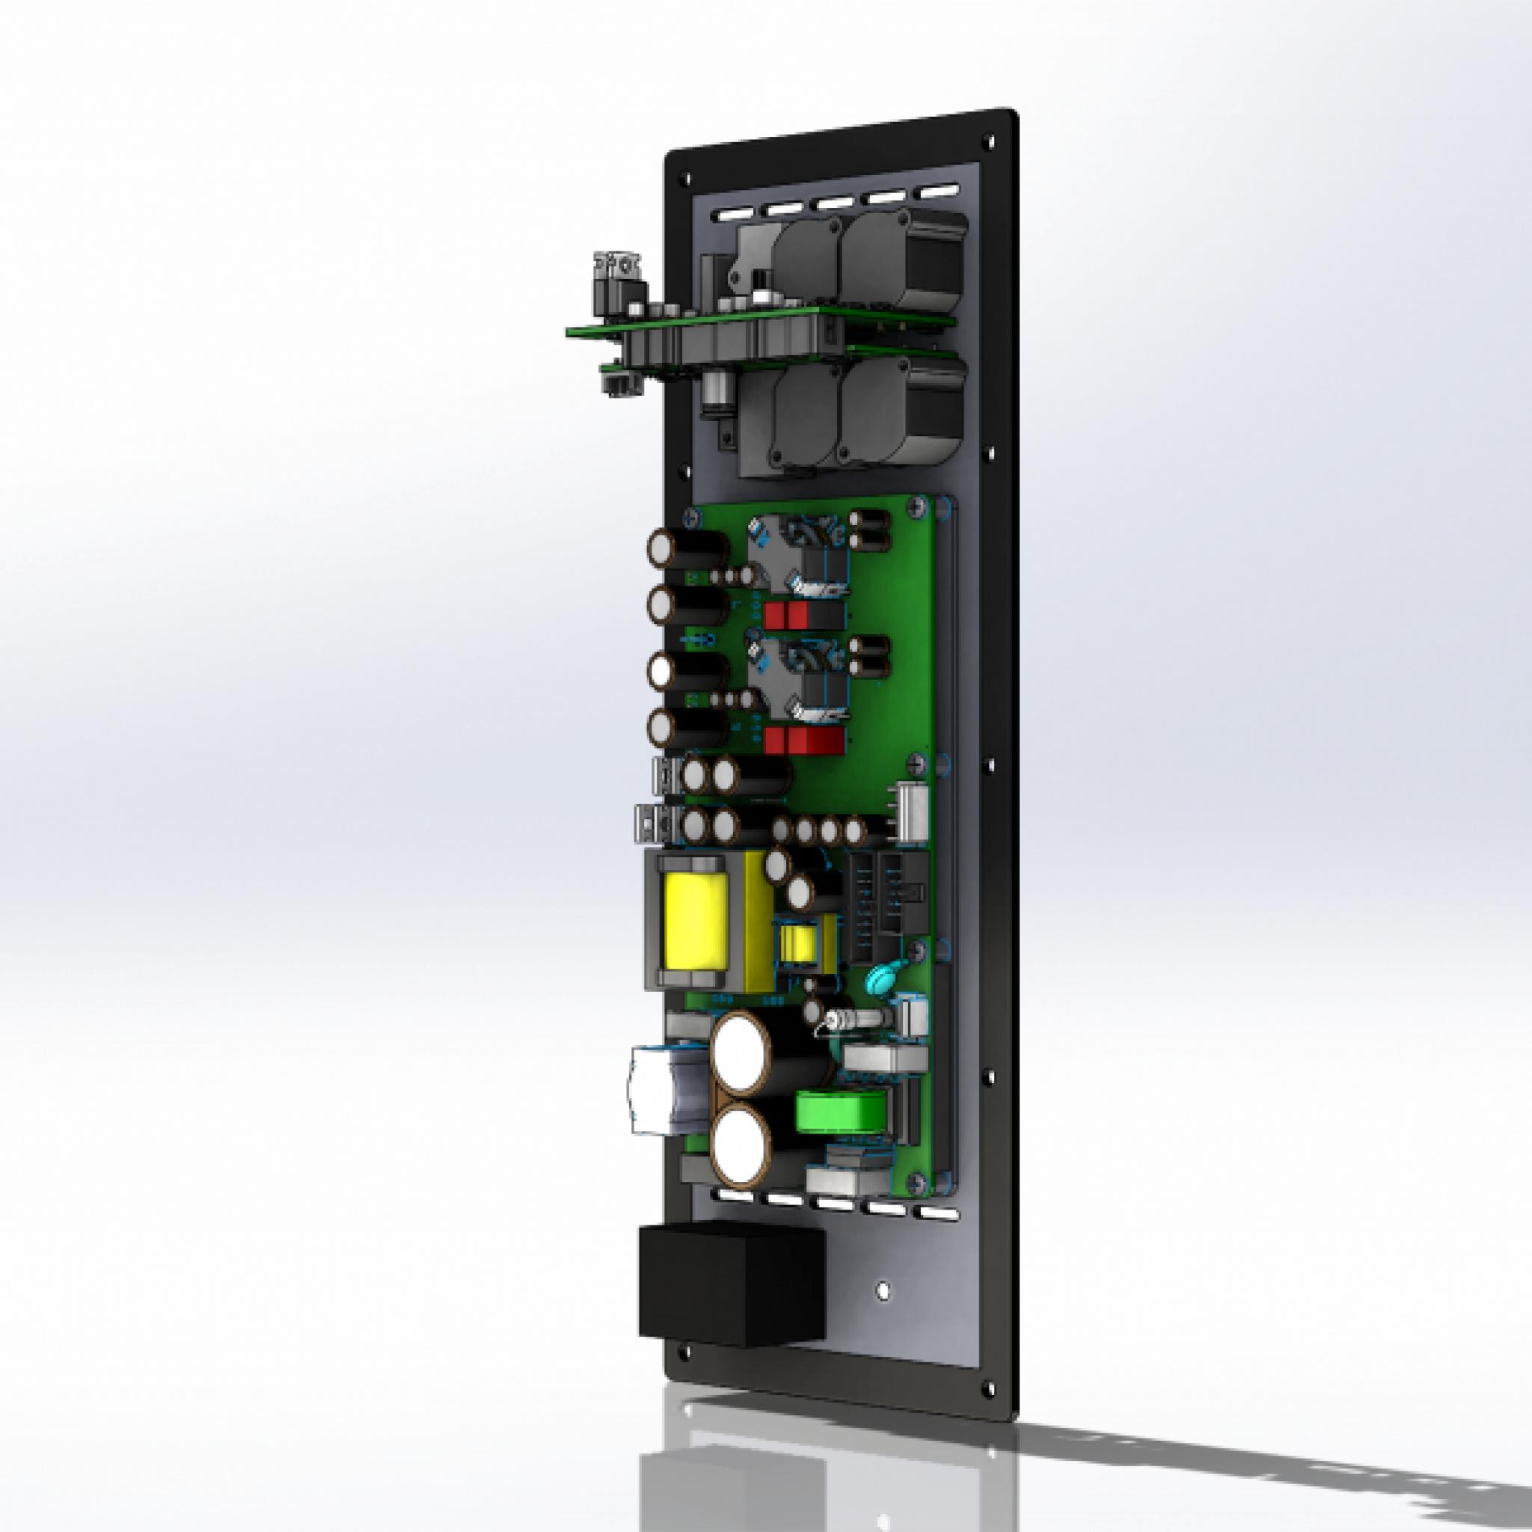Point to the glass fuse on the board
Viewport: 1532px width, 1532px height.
coord(848,1019)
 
